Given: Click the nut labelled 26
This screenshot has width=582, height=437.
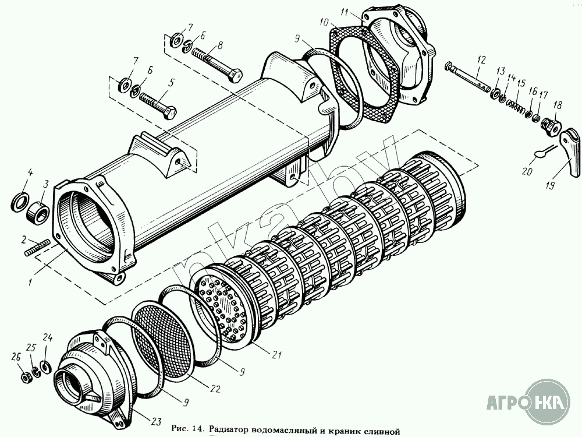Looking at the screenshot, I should (26, 377).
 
